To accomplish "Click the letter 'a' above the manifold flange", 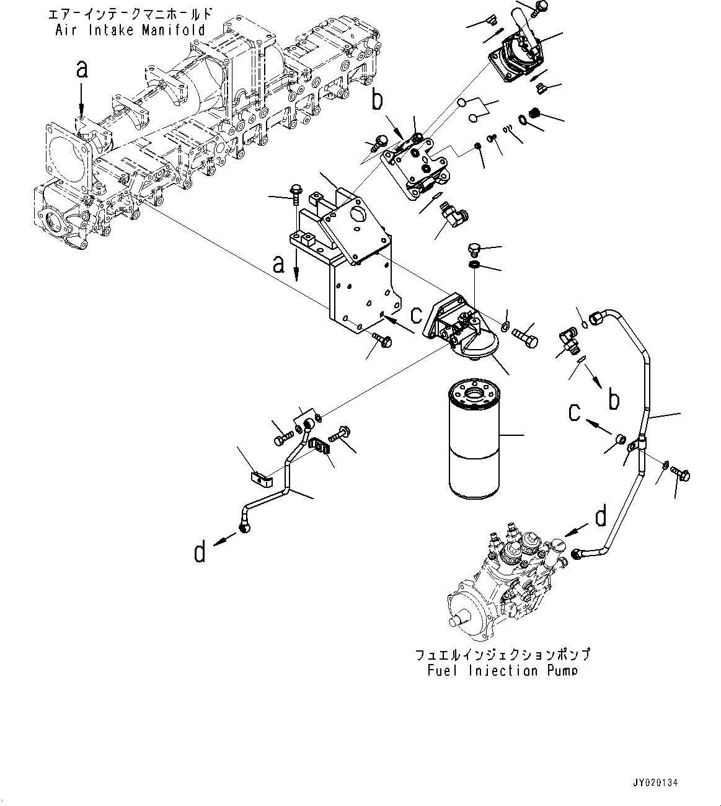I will coord(82,70).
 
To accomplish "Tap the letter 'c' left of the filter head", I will coord(417,314).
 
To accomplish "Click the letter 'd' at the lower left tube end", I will coord(200,551).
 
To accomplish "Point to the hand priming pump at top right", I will coord(518,53).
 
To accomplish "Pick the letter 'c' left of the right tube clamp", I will coord(576,412).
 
